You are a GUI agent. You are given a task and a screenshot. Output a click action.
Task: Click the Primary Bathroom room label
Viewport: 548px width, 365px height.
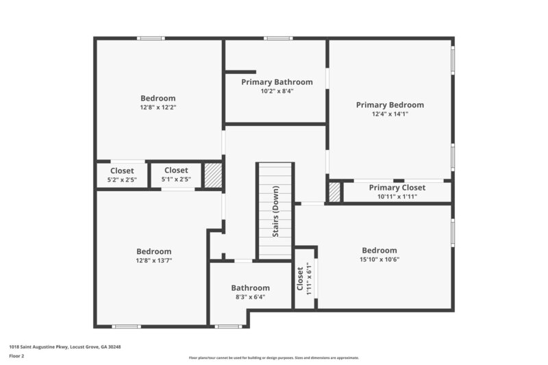pyautogui.click(x=277, y=82)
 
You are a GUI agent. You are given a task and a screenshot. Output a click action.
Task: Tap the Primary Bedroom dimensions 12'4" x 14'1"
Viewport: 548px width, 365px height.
pyautogui.click(x=390, y=115)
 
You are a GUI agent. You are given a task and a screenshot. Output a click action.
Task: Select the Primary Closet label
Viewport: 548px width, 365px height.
pyautogui.click(x=397, y=188)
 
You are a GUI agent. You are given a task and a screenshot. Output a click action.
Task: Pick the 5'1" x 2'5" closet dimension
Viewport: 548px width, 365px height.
pyautogui.click(x=175, y=180)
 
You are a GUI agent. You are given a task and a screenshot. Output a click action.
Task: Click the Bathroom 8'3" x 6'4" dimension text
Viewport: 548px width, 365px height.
pyautogui.click(x=250, y=297)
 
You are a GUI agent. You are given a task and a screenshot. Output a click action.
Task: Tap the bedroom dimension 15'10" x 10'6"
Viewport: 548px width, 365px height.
pyautogui.click(x=379, y=260)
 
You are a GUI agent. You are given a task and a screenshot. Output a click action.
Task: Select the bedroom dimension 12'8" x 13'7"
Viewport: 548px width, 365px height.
pyautogui.click(x=153, y=260)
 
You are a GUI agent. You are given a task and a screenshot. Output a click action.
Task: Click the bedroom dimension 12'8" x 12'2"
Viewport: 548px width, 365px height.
pyautogui.click(x=158, y=107)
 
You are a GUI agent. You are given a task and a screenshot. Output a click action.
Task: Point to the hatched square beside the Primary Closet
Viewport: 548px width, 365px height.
pyautogui.click(x=334, y=192)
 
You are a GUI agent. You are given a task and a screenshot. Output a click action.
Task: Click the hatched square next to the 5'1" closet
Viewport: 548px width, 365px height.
pyautogui.click(x=214, y=175)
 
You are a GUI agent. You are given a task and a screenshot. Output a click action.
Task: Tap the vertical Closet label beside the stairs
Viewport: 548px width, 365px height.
pyautogui.click(x=300, y=278)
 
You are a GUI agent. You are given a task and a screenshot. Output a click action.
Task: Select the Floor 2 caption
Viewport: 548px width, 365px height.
pyautogui.click(x=16, y=356)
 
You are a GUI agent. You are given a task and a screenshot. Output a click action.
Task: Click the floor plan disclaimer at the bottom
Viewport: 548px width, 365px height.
pyautogui.click(x=274, y=357)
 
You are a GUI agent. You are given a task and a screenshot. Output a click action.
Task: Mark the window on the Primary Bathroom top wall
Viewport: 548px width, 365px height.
pyautogui.click(x=277, y=38)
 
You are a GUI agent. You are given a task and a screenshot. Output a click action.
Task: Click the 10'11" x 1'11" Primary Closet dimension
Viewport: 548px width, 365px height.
pyautogui.click(x=397, y=197)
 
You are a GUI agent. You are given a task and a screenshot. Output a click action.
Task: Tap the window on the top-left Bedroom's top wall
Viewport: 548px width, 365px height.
pyautogui.click(x=151, y=38)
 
